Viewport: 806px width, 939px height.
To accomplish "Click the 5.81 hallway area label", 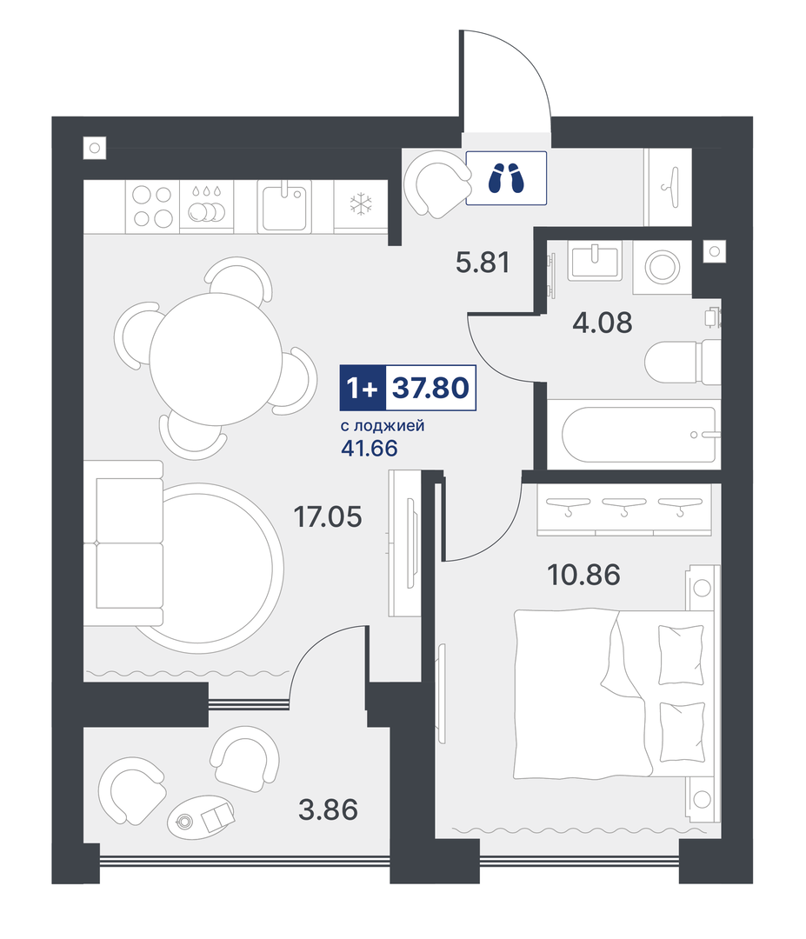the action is click(483, 263).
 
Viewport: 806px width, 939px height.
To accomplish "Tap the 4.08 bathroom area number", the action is click(602, 323).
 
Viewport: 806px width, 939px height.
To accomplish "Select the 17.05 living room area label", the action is click(328, 516).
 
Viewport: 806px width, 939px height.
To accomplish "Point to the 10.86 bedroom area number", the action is click(583, 575).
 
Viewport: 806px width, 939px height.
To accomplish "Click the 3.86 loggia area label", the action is click(328, 809).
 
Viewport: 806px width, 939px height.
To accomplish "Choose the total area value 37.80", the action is click(430, 388).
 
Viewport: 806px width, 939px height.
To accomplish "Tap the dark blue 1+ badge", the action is click(363, 388).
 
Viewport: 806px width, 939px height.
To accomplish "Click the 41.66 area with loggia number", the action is click(369, 448).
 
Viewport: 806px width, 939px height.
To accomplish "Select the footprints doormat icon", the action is click(506, 178).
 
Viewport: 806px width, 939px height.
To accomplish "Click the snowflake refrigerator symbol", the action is click(361, 204).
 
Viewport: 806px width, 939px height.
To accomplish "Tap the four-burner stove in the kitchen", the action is click(153, 206).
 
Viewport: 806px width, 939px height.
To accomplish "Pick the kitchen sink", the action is click(284, 206).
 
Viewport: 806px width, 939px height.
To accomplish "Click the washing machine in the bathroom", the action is click(662, 267).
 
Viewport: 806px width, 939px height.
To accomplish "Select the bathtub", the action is click(639, 435).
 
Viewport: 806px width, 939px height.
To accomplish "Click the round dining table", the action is click(216, 359).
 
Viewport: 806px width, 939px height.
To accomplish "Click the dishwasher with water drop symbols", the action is click(207, 206).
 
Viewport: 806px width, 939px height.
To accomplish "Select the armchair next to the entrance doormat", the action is click(436, 183).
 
